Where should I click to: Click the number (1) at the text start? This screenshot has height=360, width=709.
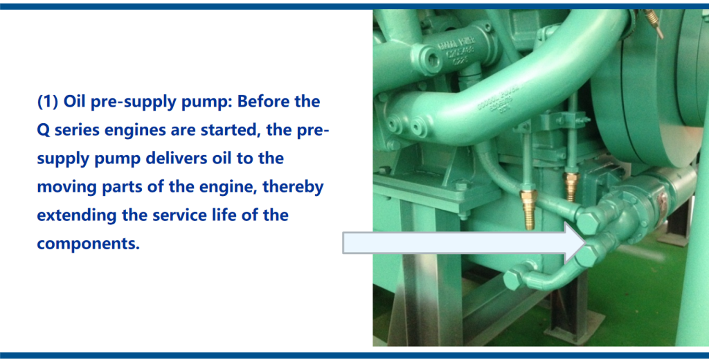(x=48, y=102)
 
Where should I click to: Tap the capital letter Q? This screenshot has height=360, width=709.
(x=44, y=130)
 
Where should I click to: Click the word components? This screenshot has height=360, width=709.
(x=88, y=244)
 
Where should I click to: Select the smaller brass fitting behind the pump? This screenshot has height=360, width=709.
(x=571, y=186)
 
